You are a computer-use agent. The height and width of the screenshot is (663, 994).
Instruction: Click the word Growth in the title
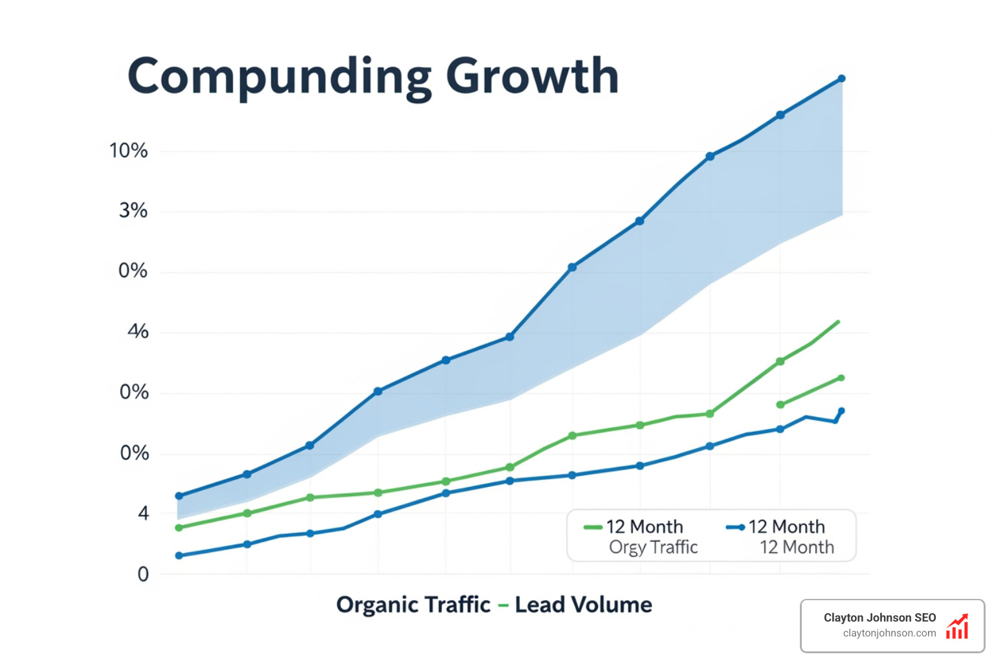click(x=532, y=76)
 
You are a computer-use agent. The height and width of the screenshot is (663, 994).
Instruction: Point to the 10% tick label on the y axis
click(x=128, y=151)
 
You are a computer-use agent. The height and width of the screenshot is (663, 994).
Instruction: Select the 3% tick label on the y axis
click(x=133, y=210)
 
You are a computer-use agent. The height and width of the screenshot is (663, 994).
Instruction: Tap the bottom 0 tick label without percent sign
click(x=143, y=574)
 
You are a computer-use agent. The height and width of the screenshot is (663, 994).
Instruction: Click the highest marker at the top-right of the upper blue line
click(x=841, y=79)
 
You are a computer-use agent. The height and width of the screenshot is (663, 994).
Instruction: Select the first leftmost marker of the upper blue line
click(x=179, y=496)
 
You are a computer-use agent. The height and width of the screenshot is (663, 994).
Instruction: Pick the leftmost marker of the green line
click(x=179, y=528)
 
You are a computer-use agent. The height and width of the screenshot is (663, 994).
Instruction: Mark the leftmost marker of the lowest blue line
click(x=179, y=556)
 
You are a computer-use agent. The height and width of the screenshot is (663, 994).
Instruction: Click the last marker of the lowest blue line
click(x=841, y=411)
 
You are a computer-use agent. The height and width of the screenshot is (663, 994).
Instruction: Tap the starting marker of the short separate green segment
click(x=780, y=405)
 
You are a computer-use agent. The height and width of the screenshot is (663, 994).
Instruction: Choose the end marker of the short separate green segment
click(x=841, y=378)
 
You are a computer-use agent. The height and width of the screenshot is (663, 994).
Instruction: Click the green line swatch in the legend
click(x=593, y=527)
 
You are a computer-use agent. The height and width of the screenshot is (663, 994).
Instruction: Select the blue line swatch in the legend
click(x=735, y=527)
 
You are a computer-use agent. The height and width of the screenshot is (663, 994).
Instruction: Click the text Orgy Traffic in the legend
click(x=653, y=548)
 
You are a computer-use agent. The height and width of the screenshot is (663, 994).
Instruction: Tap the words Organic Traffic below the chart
click(x=413, y=605)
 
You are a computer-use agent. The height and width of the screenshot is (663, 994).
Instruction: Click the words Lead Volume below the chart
click(x=583, y=605)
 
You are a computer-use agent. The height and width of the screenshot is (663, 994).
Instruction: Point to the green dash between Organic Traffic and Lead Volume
click(x=503, y=606)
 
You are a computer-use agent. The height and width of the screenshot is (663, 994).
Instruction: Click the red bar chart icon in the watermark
click(x=957, y=627)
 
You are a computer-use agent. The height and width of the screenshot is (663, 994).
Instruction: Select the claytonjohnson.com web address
click(x=889, y=633)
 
